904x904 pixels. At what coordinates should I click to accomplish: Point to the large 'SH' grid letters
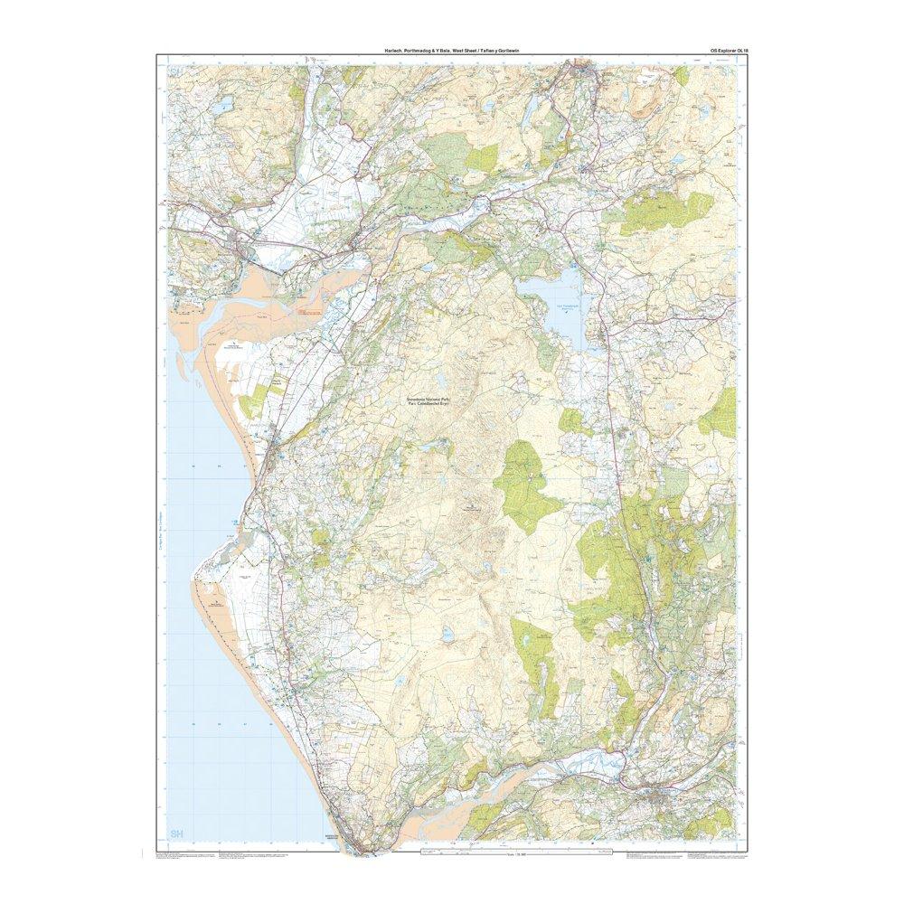pos(177,833)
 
